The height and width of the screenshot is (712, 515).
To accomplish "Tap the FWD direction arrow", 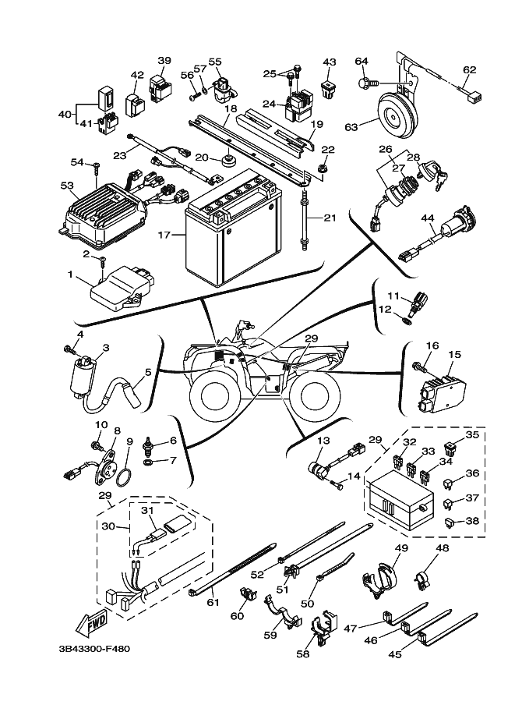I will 90,625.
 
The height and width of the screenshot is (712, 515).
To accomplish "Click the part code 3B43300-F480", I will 93,648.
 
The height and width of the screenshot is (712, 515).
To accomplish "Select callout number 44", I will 427,219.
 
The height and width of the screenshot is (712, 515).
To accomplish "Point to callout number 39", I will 164,60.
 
